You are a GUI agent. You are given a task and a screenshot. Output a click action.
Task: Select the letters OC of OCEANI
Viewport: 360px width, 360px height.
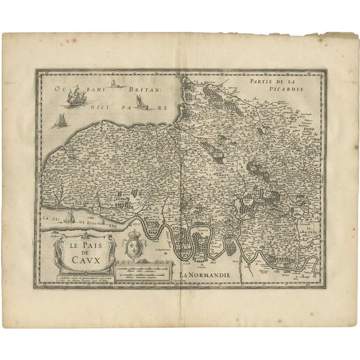pos(58,88)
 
